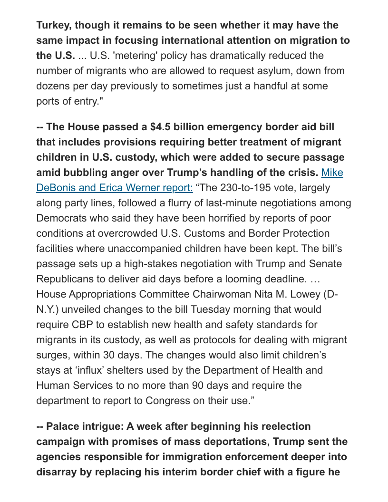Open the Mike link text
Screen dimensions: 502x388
[x=332, y=173]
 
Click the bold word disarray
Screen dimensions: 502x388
[x=57, y=472]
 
